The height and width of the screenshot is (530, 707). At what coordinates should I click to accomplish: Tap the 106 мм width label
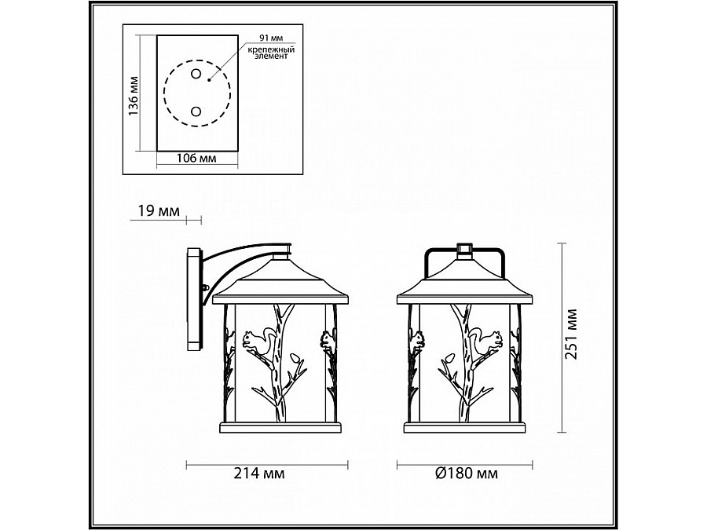[196, 159]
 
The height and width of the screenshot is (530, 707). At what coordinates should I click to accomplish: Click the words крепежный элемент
[266, 53]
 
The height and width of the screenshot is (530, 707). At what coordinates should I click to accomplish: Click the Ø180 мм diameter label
[465, 473]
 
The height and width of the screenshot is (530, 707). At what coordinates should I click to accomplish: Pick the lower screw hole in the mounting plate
[196, 111]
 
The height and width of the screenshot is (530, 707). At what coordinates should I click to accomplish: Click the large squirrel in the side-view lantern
[259, 339]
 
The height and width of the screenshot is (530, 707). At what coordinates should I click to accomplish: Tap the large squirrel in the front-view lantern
[484, 340]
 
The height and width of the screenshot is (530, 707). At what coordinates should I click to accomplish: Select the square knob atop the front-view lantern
[464, 249]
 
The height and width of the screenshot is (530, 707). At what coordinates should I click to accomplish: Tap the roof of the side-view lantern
[279, 283]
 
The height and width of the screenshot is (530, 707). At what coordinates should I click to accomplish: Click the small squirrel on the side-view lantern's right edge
[326, 339]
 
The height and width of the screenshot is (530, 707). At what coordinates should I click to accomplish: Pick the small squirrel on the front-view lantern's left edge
[416, 339]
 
